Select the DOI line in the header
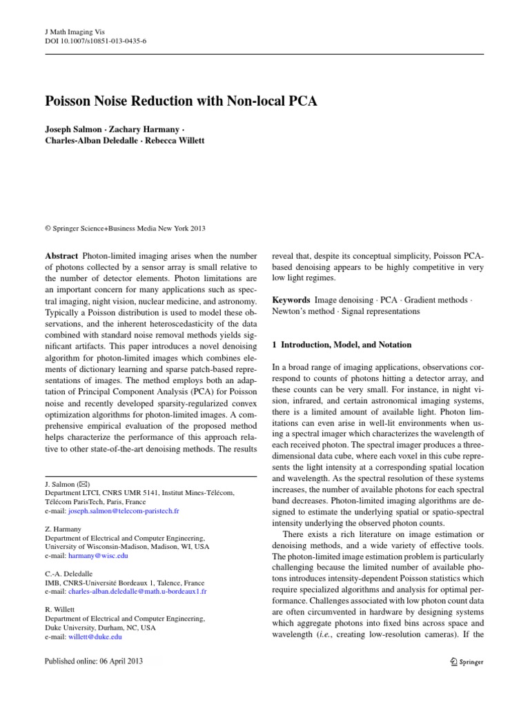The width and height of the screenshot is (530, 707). click(x=90, y=41)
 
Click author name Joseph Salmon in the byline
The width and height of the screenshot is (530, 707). click(x=72, y=129)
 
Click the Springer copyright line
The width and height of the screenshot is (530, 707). click(x=126, y=229)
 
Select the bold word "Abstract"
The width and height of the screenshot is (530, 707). click(x=61, y=255)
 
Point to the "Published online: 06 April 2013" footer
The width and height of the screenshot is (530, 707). click(x=93, y=661)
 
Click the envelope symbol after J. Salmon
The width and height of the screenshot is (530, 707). click(x=81, y=484)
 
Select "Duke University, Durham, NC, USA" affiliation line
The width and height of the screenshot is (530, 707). click(x=101, y=628)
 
